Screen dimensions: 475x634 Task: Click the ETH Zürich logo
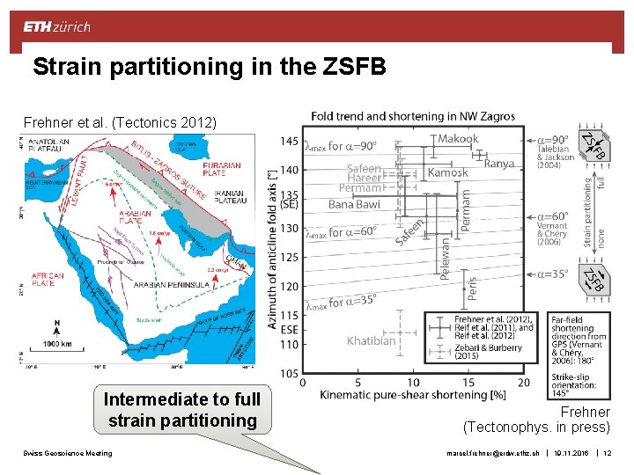tap(56, 26)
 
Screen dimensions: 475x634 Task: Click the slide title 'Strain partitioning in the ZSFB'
tap(210, 67)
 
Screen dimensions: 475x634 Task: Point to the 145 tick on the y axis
tap(288, 141)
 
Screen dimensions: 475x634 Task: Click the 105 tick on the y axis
tap(288, 373)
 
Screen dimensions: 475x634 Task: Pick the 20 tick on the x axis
tap(523, 383)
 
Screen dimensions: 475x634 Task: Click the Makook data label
tap(458, 138)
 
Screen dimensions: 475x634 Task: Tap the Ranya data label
tap(499, 164)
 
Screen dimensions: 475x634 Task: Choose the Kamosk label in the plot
tap(447, 173)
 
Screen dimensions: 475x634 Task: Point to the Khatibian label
tap(372, 340)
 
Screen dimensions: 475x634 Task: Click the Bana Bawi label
tap(354, 204)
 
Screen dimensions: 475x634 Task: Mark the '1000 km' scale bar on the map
tap(58, 345)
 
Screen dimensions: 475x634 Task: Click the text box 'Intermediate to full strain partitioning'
tap(181, 410)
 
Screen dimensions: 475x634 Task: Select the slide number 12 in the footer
tap(608, 454)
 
